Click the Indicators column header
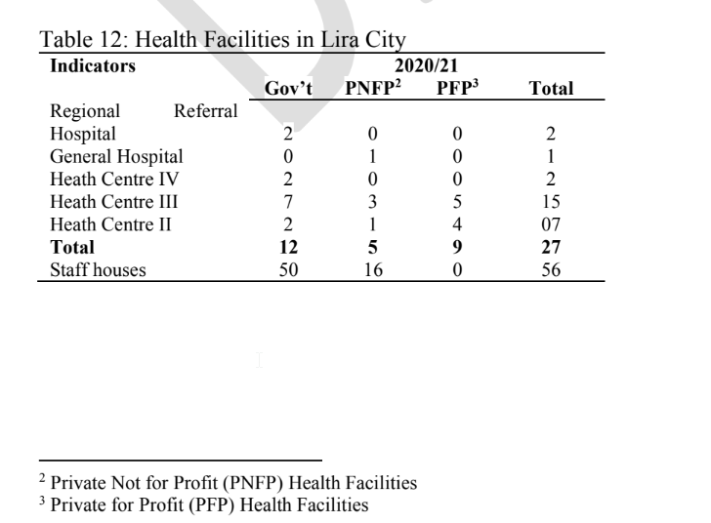(x=93, y=65)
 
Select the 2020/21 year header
(x=426, y=65)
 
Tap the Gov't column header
(x=288, y=88)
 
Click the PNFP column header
(x=373, y=88)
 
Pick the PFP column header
(x=457, y=88)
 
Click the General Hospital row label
(x=116, y=156)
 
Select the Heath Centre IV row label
(x=114, y=179)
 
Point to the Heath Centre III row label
(x=114, y=202)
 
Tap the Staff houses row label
(x=98, y=269)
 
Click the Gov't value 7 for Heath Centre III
(x=288, y=202)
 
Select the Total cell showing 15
(x=551, y=202)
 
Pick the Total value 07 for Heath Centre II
(x=551, y=224)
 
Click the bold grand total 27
(x=551, y=247)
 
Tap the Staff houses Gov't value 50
(x=288, y=269)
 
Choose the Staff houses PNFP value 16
(x=373, y=269)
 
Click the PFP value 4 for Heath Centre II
(x=457, y=224)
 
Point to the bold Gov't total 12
(x=288, y=247)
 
